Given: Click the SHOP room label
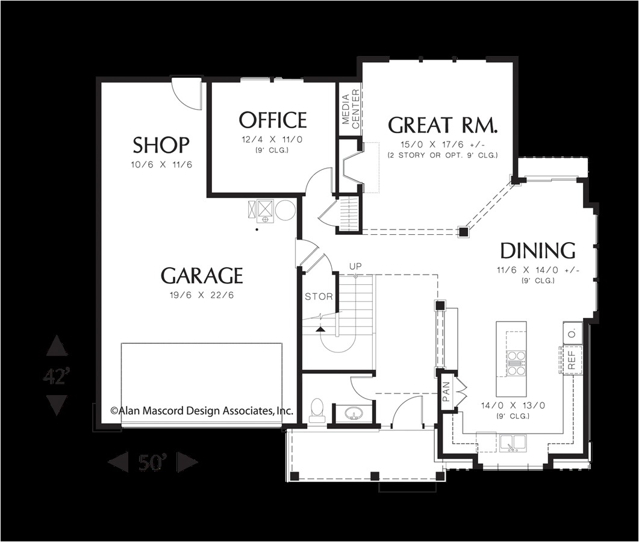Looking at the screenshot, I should (161, 145).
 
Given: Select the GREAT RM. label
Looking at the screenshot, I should (443, 125).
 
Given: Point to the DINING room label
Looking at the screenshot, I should (538, 251).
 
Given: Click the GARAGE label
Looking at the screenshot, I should (202, 276).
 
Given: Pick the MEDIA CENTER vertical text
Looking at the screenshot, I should (351, 108).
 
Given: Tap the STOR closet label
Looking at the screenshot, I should (319, 296).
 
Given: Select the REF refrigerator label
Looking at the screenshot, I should (572, 360).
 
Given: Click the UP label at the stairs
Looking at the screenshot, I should (355, 266).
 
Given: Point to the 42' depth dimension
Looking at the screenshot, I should (57, 376).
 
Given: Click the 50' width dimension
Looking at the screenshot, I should (153, 463).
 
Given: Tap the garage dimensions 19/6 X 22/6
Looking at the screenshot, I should (202, 295).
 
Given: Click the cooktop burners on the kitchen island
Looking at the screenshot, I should (516, 363).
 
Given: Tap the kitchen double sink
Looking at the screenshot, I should (513, 443).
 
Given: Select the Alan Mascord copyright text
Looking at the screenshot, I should (202, 411).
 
